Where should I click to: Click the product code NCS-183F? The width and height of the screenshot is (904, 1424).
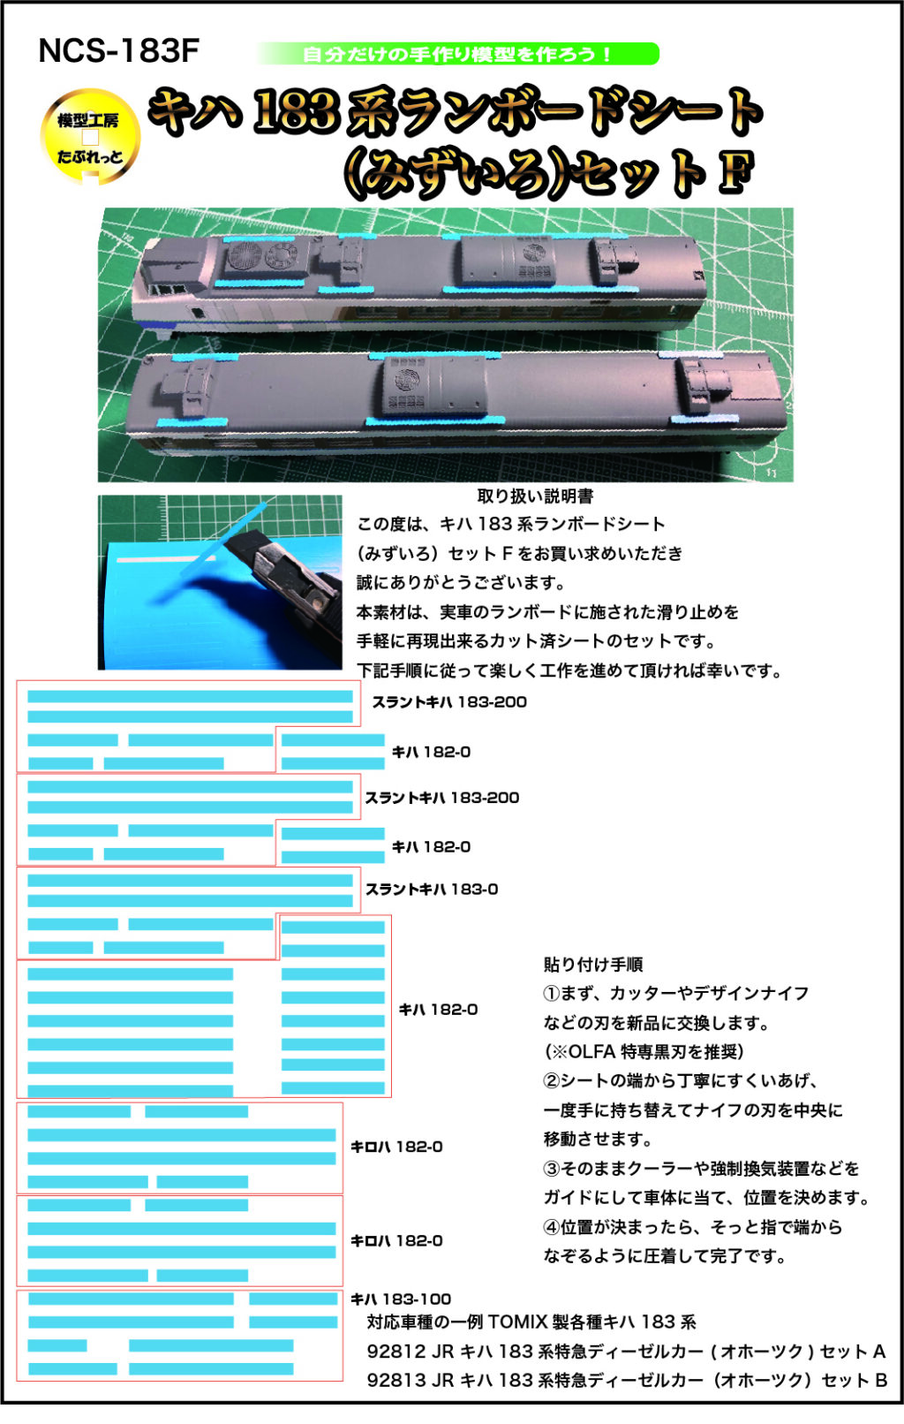click(119, 51)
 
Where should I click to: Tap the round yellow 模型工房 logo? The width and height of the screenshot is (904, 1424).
click(90, 137)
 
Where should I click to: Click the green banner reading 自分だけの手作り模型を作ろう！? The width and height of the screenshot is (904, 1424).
click(457, 53)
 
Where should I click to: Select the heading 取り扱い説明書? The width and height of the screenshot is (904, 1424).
click(535, 496)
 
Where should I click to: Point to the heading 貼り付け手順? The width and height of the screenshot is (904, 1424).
click(592, 965)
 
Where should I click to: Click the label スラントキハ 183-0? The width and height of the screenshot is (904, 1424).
click(432, 890)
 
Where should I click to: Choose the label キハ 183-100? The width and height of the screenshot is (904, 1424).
click(401, 1299)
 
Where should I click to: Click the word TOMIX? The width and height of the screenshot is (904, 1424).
click(516, 1322)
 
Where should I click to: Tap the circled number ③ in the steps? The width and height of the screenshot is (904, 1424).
click(552, 1169)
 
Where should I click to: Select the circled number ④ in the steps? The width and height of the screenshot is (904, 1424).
click(552, 1227)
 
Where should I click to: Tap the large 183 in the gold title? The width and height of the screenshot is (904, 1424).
click(296, 112)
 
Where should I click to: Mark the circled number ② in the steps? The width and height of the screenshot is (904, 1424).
click(552, 1080)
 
